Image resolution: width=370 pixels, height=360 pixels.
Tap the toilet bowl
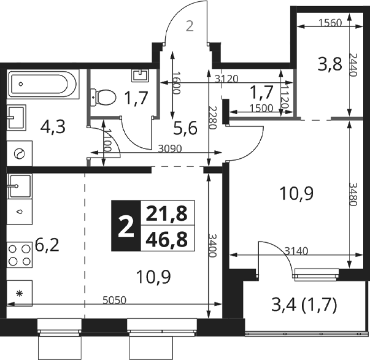click(x=103, y=98)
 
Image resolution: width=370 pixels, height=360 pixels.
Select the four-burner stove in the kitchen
click(x=20, y=255)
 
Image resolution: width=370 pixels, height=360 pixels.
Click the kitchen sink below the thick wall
click(x=20, y=186)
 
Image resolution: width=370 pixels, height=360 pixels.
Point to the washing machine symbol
click(x=20, y=153)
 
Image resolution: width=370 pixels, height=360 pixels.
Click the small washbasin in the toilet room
click(x=141, y=75)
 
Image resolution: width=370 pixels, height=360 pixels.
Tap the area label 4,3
click(x=53, y=128)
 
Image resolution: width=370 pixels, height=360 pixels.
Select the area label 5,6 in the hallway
click(x=185, y=129)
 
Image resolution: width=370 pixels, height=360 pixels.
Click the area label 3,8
click(x=330, y=64)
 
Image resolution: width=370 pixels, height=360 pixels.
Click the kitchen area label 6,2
click(x=47, y=245)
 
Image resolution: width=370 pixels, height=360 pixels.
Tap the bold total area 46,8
click(x=167, y=239)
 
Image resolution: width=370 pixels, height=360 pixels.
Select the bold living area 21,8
click(x=167, y=213)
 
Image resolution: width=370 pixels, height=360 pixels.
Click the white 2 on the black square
click(x=126, y=227)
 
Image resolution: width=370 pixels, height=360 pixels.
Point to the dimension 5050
click(x=115, y=300)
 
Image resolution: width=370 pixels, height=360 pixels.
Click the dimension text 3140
click(x=296, y=251)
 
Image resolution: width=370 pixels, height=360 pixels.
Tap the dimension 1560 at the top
click(x=330, y=23)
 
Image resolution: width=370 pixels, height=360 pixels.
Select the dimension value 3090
click(x=170, y=148)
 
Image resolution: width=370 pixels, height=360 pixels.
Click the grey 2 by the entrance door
click(x=190, y=26)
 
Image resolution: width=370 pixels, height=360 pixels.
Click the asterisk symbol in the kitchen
click(x=20, y=293)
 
